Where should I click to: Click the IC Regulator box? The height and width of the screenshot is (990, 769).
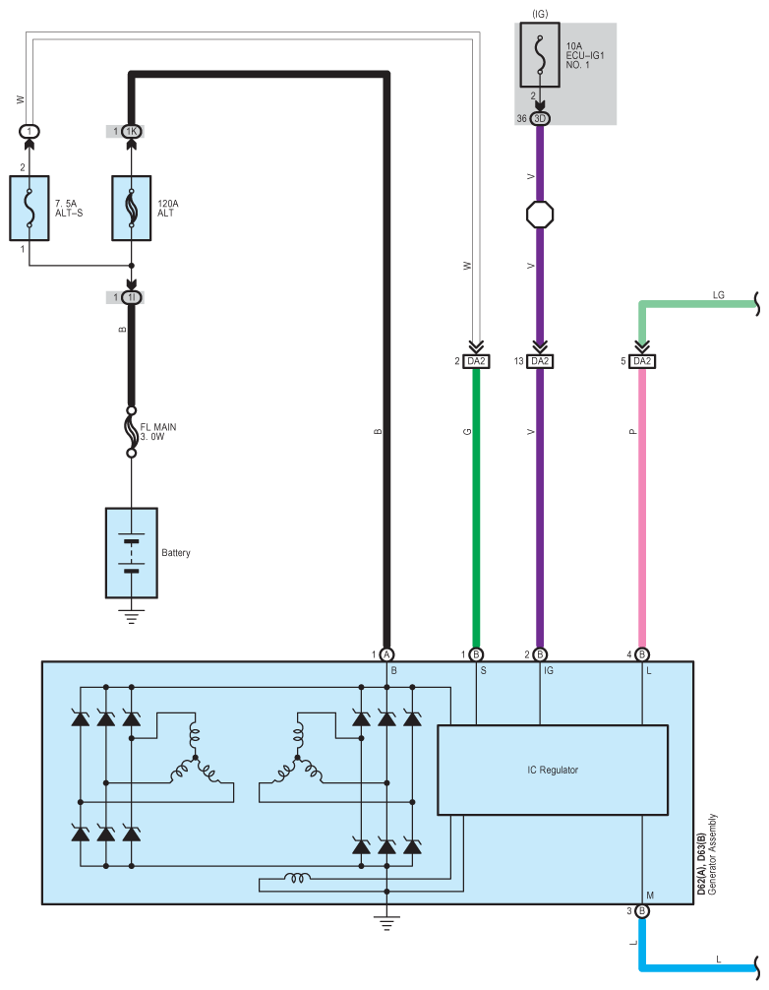coord(552,770)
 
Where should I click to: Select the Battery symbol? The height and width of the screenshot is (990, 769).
coord(131,552)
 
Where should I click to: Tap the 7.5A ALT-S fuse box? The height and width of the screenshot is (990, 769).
coord(30,208)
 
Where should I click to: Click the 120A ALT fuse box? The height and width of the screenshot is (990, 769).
coord(131,208)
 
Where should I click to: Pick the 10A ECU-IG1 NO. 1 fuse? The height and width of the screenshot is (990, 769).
coord(539,54)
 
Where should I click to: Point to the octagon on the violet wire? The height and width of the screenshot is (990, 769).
coord(540,215)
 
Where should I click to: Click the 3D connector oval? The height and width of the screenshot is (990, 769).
coord(539,119)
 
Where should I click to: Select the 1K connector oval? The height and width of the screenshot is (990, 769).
coord(131,131)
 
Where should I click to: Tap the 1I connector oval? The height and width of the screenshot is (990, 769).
coord(131,297)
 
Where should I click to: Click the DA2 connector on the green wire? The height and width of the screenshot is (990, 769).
coord(476,361)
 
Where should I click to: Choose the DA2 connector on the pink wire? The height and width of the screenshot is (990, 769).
coord(641,361)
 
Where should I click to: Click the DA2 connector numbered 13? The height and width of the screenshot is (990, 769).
coord(539,361)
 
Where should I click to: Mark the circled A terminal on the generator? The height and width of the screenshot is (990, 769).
coord(386,654)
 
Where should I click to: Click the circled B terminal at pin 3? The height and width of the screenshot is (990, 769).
coord(641,911)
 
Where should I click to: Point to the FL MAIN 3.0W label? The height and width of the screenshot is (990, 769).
coord(157,432)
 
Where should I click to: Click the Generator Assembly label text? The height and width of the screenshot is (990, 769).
coord(712,853)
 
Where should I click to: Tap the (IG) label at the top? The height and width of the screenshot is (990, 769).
coord(540,14)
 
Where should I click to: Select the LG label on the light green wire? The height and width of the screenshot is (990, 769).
coord(718,295)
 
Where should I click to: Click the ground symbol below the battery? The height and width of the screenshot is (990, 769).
coord(131,616)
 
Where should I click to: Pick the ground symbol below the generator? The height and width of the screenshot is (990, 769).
coord(386,924)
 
